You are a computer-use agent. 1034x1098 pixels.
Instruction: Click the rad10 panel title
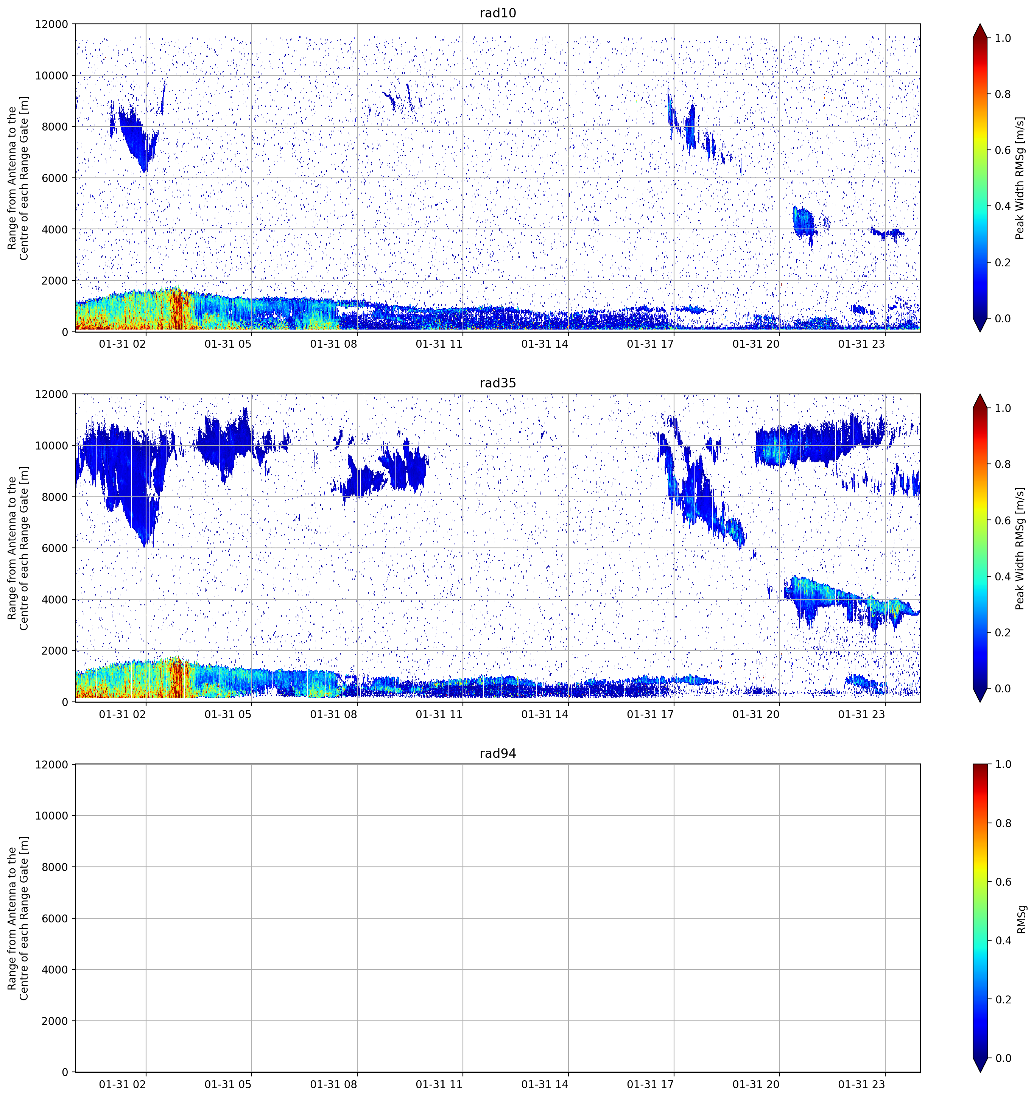tap(498, 13)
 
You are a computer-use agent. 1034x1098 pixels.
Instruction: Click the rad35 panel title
tap(498, 383)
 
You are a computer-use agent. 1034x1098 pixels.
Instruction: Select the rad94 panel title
tap(498, 753)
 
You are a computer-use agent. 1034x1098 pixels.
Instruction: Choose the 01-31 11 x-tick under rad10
tap(439, 344)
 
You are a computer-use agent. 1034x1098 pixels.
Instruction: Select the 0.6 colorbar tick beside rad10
tap(1003, 150)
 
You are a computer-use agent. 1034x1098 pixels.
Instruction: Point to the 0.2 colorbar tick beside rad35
tap(1003, 632)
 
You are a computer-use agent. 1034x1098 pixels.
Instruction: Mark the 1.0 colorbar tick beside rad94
tap(1003, 764)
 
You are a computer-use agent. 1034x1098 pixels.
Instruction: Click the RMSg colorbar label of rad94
tap(1022, 919)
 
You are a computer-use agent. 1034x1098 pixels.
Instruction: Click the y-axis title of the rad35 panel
tap(18, 548)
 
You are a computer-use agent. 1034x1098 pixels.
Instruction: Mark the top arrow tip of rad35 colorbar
tap(980, 394)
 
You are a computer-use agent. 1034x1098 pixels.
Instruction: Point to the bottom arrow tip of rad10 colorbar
tap(980, 331)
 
